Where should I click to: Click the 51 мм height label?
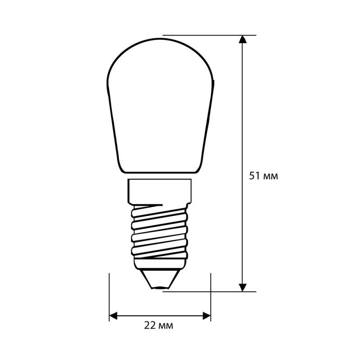click(263, 176)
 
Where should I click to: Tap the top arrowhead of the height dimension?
click(243, 40)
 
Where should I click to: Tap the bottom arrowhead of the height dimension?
click(243, 286)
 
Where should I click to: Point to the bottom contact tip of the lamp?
click(160, 286)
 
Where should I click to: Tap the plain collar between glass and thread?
click(160, 190)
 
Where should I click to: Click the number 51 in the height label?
click(254, 176)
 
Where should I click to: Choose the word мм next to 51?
click(270, 176)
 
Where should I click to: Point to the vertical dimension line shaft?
click(243, 135)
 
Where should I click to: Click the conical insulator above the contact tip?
click(160, 275)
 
